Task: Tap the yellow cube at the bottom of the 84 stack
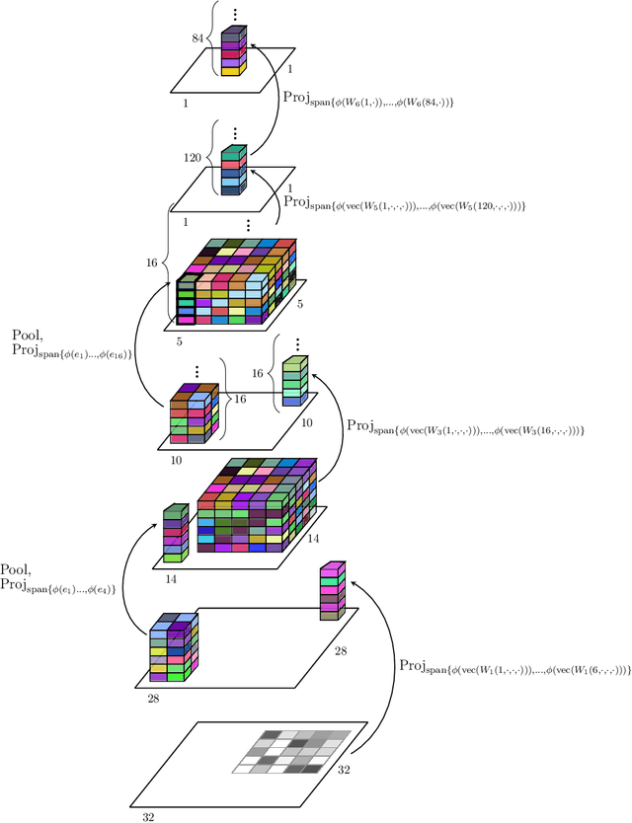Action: click(230, 70)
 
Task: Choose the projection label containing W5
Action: click(405, 203)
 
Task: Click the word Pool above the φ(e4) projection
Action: click(29, 570)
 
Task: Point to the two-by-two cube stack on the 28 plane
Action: click(174, 648)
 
